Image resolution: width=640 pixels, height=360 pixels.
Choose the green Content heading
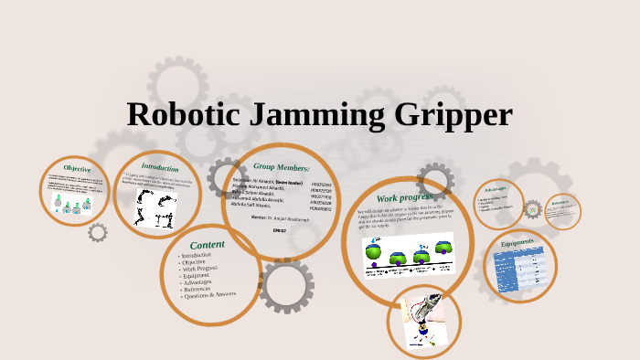[208, 244]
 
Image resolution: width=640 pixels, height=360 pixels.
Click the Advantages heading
[496, 189]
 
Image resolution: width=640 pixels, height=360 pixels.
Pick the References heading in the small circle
[560, 202]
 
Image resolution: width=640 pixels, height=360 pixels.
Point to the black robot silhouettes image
[155, 207]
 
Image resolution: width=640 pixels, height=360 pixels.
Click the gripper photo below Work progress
[423, 319]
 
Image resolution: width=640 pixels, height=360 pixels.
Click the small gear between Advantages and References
[533, 209]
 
